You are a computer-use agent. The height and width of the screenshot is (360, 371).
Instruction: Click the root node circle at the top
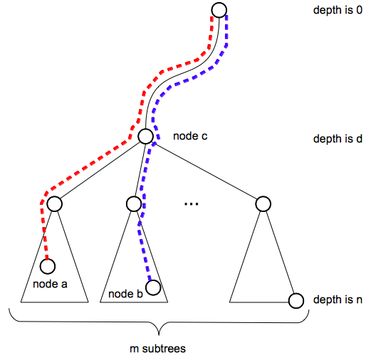[x=219, y=10]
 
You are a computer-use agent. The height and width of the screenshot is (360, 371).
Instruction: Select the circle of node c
[x=146, y=137]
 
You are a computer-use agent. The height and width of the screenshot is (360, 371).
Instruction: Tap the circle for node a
[x=48, y=267]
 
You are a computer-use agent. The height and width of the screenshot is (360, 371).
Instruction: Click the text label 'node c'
[x=190, y=135]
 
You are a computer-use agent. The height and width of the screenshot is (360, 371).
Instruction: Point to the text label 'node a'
[x=50, y=285]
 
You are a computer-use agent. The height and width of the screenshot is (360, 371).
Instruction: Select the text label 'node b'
[x=125, y=293]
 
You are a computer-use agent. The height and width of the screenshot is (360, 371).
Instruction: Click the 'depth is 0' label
[x=338, y=11]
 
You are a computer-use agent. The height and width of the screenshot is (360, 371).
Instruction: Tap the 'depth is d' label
[x=338, y=139]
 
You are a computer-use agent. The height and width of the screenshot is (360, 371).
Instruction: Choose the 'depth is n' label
[x=338, y=300]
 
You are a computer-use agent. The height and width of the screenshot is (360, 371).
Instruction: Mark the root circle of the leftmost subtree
[x=55, y=204]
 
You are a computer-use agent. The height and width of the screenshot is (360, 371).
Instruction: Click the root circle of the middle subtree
[x=133, y=204]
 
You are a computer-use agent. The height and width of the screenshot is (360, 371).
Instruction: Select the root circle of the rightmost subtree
[x=262, y=204]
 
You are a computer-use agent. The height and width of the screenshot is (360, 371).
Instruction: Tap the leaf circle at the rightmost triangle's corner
[x=296, y=300]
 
